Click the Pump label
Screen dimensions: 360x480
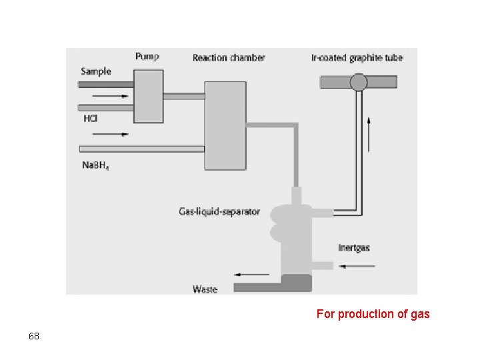(x=147, y=57)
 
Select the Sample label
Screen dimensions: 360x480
(x=96, y=71)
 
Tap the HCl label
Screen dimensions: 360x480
(x=90, y=119)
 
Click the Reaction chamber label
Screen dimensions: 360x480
(x=229, y=57)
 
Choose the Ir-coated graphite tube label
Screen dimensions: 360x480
(x=357, y=57)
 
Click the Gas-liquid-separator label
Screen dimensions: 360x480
(x=219, y=212)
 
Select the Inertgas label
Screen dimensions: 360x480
(x=353, y=248)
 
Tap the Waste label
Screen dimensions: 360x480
(x=205, y=289)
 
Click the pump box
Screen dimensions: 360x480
(x=149, y=96)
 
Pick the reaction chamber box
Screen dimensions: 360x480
(x=225, y=125)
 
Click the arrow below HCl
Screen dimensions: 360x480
(x=115, y=134)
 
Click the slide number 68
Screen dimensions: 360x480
(x=34, y=336)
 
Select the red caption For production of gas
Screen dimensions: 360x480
(x=373, y=313)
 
